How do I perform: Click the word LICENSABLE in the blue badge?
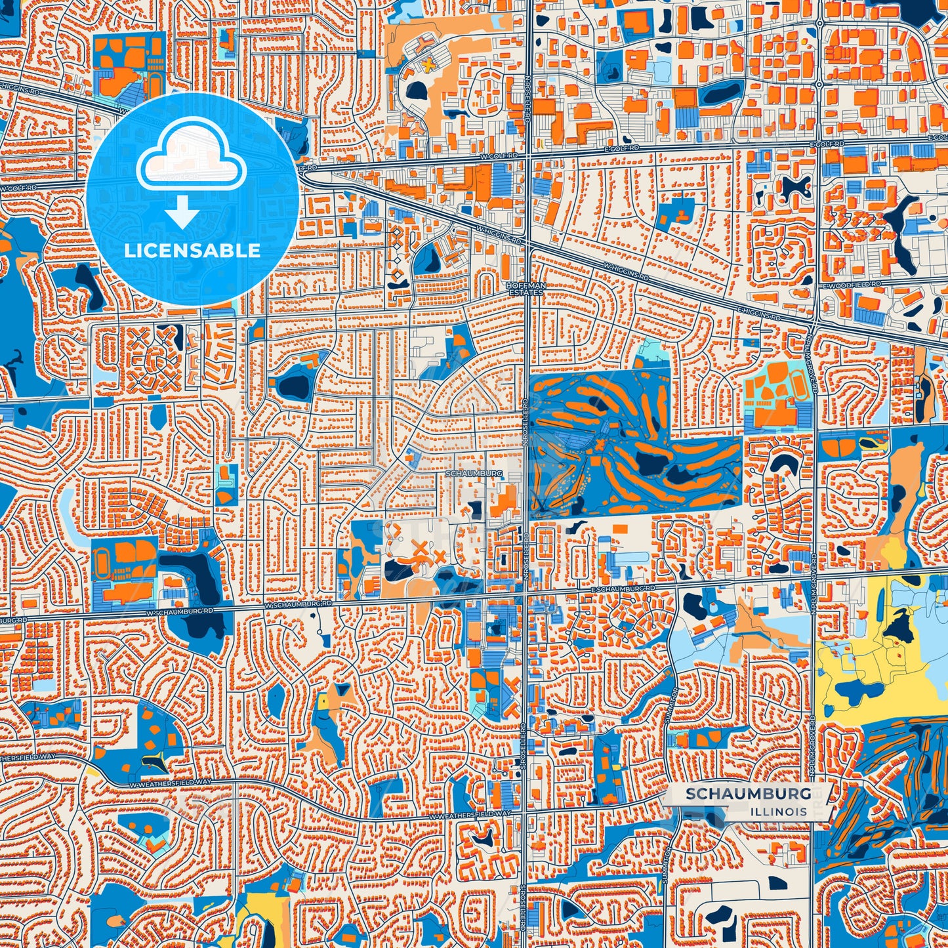tap(192, 251)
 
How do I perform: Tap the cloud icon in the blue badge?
tap(191, 157)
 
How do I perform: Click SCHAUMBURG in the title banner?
tap(748, 794)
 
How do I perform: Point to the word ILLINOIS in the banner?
tap(779, 812)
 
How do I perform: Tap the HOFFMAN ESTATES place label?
tap(526, 289)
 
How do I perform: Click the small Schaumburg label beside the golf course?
tap(473, 473)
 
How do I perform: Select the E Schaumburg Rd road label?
tap(623, 589)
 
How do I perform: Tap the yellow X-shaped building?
tap(428, 64)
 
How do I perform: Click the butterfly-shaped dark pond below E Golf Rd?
tap(794, 187)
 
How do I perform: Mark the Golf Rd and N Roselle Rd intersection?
tap(529, 155)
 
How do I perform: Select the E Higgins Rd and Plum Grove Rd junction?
tap(814, 325)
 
